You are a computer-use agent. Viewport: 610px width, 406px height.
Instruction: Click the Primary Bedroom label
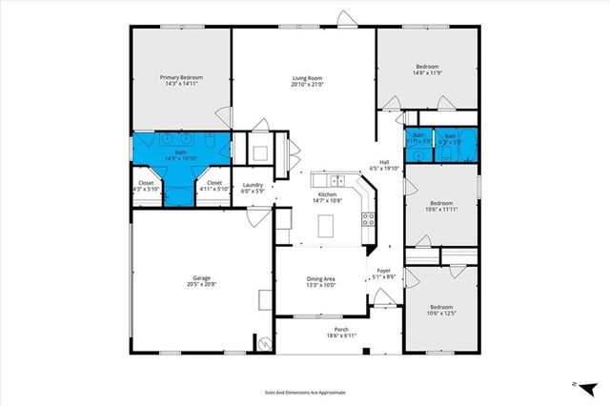(180, 78)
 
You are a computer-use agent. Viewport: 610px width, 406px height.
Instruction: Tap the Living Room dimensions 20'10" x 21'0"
(308, 84)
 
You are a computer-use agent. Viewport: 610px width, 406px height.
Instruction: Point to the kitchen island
(327, 227)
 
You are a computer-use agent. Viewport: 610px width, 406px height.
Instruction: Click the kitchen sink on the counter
(336, 180)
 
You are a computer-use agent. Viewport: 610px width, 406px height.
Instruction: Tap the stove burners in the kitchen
(366, 220)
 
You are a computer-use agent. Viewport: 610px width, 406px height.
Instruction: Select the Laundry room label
(253, 184)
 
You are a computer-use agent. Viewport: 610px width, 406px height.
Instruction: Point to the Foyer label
(384, 271)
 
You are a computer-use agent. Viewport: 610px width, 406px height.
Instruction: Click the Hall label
(385, 162)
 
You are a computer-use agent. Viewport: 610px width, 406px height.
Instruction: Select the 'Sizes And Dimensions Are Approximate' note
(305, 392)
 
